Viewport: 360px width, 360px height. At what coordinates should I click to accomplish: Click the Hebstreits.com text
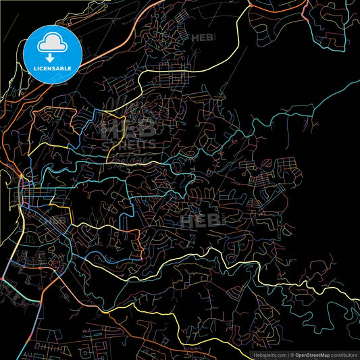click(267, 354)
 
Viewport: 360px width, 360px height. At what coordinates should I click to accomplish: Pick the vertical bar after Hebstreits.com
click(289, 354)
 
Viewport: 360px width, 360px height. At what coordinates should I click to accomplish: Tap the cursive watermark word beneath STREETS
click(132, 157)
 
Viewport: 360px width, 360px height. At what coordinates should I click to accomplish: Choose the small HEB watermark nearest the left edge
click(55, 220)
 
